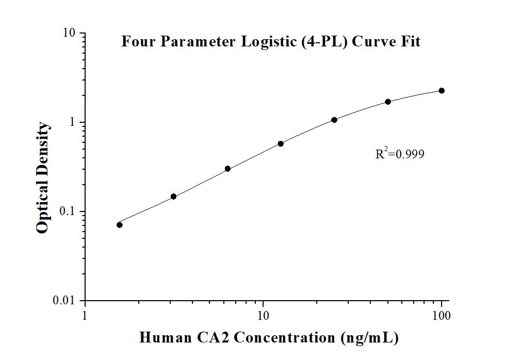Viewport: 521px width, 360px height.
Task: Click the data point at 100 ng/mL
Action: tap(442, 91)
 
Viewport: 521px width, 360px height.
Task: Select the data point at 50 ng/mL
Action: tap(388, 102)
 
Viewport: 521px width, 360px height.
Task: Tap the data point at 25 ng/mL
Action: tap(334, 120)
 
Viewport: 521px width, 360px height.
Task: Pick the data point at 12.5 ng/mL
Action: tap(281, 143)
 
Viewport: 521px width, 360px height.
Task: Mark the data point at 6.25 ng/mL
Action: tap(227, 169)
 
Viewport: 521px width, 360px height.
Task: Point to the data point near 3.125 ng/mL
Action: tap(173, 197)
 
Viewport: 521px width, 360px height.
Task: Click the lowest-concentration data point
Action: tap(120, 224)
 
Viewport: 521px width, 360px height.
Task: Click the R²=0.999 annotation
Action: tap(400, 154)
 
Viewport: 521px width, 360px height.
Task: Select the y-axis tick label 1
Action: tap(73, 123)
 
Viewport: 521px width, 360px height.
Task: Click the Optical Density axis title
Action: tap(43, 178)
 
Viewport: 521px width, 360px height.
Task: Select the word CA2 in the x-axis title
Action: tap(211, 338)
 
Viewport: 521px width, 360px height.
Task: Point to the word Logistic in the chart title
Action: tap(271, 41)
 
